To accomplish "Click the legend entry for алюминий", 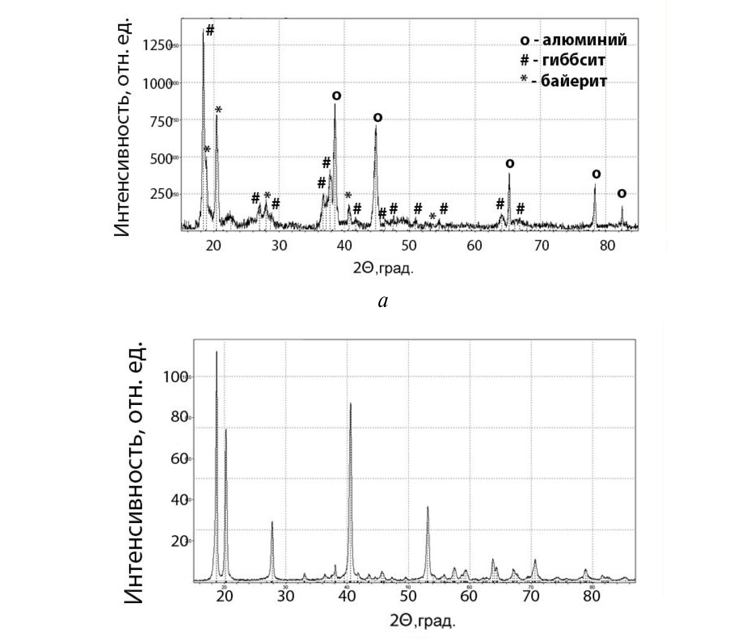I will (x=574, y=40).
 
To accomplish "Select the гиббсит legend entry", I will (x=562, y=60).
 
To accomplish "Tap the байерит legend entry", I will (x=563, y=81).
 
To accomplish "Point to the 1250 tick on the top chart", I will (x=154, y=45).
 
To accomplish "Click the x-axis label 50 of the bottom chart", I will (x=408, y=596).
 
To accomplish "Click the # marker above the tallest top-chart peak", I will (x=210, y=30).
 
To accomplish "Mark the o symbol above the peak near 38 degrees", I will (x=336, y=95).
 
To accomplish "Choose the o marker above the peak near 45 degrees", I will (x=377, y=118).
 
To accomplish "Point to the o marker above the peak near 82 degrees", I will (x=621, y=193).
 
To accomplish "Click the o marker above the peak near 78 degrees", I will (x=596, y=174).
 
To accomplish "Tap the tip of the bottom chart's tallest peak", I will (x=216, y=352).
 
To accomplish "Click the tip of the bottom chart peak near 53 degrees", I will (x=428, y=507).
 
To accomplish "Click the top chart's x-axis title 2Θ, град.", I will (x=383, y=268).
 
